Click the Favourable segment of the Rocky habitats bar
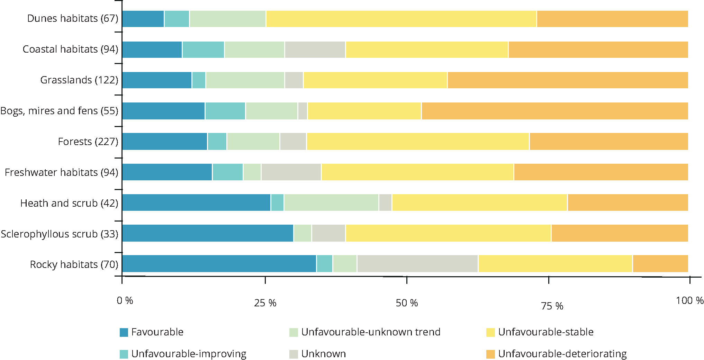point(219,263)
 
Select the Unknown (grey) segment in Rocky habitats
point(417,263)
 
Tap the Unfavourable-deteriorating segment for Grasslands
point(568,80)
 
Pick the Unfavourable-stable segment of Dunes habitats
point(401,19)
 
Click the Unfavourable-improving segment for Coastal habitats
point(203,49)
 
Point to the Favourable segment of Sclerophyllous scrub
point(208,233)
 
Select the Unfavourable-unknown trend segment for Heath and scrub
point(331,202)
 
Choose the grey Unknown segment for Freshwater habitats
point(291,172)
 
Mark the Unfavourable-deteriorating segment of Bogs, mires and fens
point(555,111)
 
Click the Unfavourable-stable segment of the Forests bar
point(418,141)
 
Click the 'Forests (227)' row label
point(88,142)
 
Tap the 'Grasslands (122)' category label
point(79,80)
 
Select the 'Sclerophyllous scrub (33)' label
point(60,234)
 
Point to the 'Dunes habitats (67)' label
point(73,18)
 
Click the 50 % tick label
point(407,303)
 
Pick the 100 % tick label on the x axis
point(689,300)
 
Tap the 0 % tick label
point(125,300)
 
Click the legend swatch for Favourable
point(124,332)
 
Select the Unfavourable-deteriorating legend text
point(562,354)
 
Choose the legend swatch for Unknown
point(294,354)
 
